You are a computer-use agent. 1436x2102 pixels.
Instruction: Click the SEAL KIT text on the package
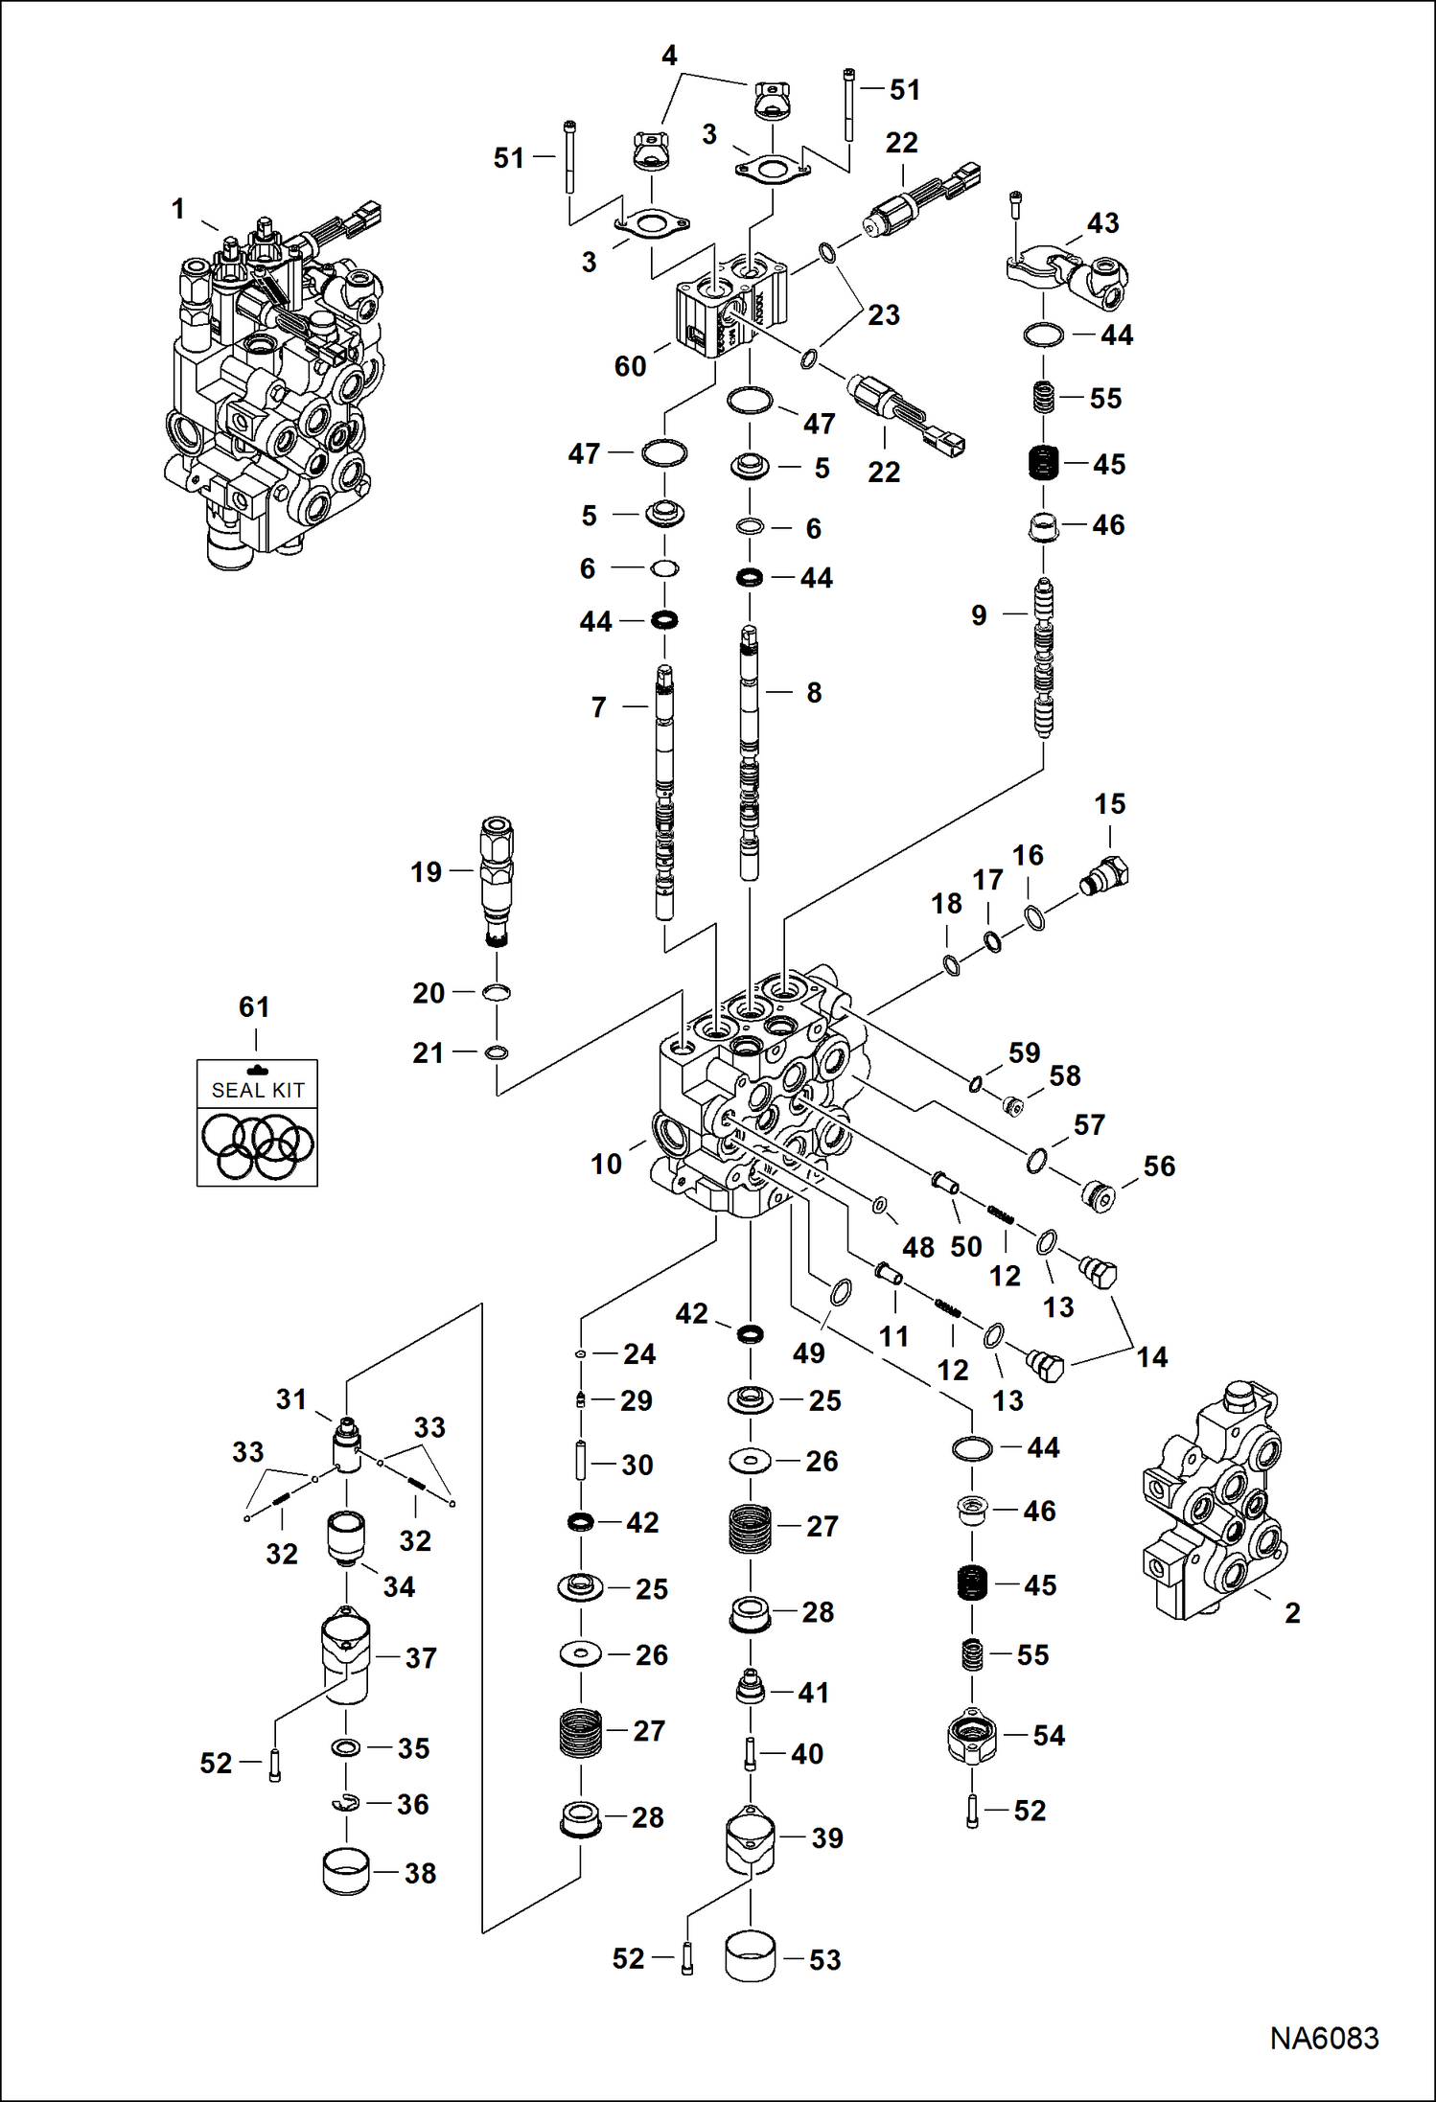coord(257,1090)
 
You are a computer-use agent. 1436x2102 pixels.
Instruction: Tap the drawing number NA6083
coord(1324,2038)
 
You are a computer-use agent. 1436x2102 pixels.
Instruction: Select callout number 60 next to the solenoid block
coord(630,366)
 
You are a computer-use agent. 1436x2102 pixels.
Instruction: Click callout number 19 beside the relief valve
coord(427,871)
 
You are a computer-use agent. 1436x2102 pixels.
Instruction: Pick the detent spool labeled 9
coord(1044,661)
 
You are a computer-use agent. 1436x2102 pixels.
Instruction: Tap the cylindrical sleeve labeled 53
coord(750,1956)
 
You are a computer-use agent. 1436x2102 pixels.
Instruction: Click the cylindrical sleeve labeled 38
coord(346,1872)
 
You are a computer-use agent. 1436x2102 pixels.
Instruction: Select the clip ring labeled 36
coord(346,1805)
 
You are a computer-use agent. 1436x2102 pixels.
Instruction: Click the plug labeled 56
coord(1099,1195)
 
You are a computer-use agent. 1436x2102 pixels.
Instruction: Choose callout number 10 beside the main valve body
coord(606,1164)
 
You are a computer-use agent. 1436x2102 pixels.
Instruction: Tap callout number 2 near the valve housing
coord(1292,1612)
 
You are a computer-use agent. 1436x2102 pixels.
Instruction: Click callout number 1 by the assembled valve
coord(177,209)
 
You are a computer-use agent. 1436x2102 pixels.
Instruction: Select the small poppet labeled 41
coord(750,1687)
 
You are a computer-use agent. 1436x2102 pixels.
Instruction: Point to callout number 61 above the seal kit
coord(254,1006)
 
